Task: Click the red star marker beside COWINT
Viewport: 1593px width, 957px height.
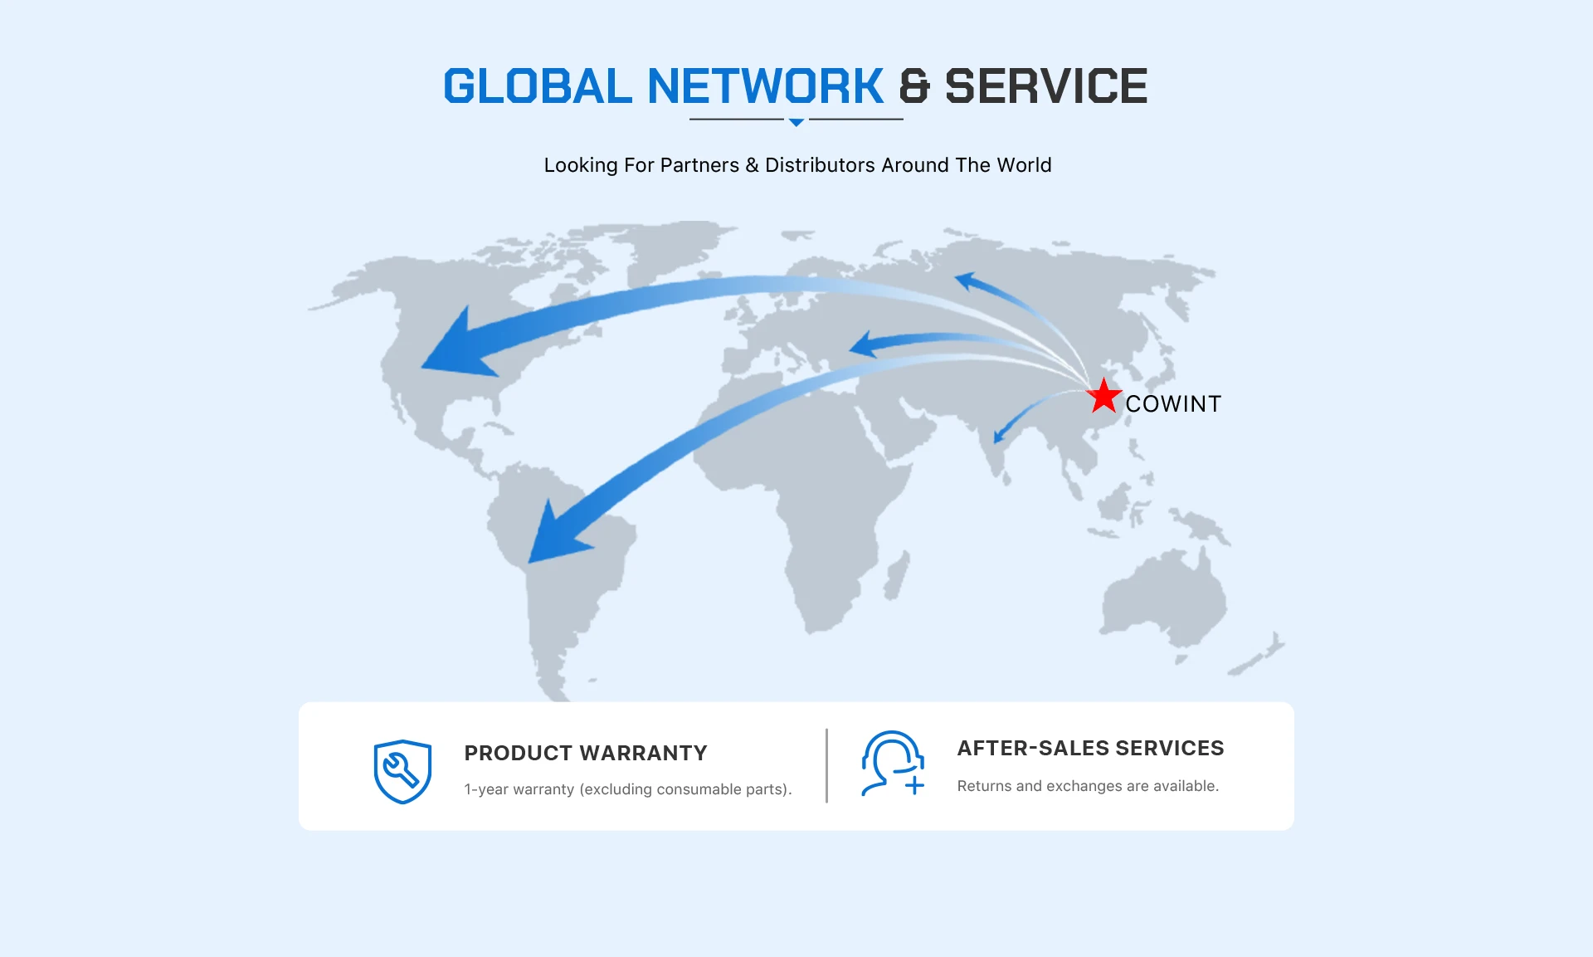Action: click(x=1103, y=397)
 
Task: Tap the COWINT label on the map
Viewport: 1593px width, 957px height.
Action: click(x=1173, y=404)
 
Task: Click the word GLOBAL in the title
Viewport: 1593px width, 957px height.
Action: click(x=537, y=86)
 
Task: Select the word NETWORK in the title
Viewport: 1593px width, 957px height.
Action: click(x=765, y=86)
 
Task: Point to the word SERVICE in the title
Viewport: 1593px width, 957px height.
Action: click(x=1046, y=86)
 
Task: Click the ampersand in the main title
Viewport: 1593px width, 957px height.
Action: click(x=914, y=86)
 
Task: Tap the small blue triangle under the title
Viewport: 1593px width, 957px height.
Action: click(x=796, y=122)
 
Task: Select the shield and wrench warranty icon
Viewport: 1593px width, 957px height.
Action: click(x=402, y=771)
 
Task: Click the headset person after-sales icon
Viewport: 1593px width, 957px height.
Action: click(x=892, y=763)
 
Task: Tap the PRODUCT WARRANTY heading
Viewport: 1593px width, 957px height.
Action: click(x=586, y=753)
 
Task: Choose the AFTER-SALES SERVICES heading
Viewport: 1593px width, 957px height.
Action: click(x=1090, y=748)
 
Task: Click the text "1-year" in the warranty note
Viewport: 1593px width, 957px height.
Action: click(x=485, y=789)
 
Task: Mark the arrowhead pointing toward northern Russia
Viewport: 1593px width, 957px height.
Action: click(x=966, y=281)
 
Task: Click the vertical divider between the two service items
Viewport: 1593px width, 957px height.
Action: click(x=827, y=765)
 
